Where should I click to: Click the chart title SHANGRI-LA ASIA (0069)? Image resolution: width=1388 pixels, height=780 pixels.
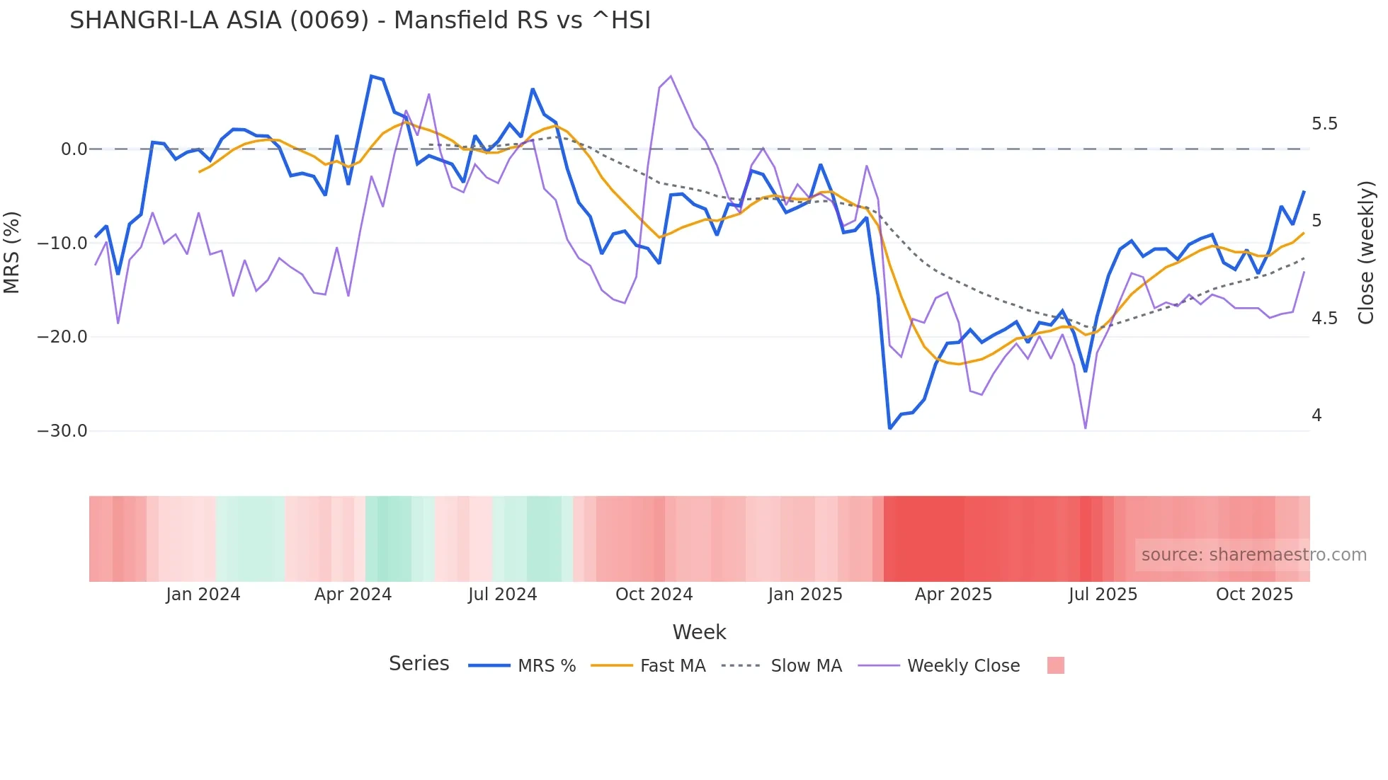(x=360, y=21)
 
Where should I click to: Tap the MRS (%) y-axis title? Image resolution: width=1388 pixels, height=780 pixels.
(x=12, y=252)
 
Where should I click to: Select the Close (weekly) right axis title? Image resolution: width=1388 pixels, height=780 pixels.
(x=1366, y=252)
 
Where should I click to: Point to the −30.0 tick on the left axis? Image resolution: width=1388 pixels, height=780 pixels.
(x=62, y=431)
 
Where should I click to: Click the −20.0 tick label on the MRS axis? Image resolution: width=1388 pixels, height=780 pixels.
(x=62, y=337)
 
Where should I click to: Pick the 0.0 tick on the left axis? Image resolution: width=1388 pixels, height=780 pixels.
(x=74, y=149)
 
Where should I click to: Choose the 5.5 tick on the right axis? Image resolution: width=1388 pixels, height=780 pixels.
(x=1324, y=124)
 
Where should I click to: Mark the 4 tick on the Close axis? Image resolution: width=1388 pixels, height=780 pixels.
(x=1316, y=415)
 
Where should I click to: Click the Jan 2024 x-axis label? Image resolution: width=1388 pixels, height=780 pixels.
(x=203, y=595)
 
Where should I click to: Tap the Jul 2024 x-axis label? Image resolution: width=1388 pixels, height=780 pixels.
(x=503, y=595)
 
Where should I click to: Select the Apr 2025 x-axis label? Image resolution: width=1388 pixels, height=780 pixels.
(x=953, y=595)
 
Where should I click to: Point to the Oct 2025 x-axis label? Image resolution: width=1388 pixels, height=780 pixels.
(x=1254, y=595)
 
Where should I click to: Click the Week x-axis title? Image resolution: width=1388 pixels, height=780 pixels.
(x=699, y=632)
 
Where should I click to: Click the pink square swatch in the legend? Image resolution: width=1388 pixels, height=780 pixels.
(x=1055, y=665)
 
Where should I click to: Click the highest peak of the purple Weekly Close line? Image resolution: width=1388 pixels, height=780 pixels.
(x=671, y=76)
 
